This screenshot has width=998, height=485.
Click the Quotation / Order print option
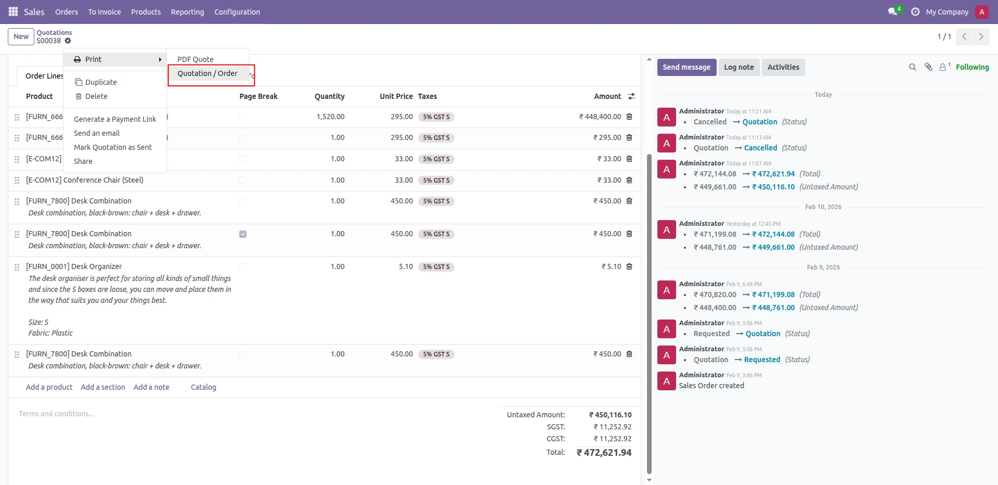[207, 73]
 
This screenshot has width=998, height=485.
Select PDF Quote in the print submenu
[196, 59]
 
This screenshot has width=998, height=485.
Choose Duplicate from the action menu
[101, 82]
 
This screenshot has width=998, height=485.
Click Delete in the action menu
[96, 96]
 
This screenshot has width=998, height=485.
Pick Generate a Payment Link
[115, 119]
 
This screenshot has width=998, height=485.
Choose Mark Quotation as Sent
[113, 147]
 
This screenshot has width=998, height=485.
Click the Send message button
[686, 67]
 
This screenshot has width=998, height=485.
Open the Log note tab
[738, 67]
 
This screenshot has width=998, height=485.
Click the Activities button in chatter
[783, 67]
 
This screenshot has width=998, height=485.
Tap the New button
[21, 36]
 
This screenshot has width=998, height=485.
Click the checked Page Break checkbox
[243, 234]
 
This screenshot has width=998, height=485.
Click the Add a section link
[103, 387]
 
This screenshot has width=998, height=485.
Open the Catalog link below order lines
[203, 387]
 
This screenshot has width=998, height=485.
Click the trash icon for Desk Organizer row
[629, 266]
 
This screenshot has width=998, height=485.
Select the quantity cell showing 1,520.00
[330, 117]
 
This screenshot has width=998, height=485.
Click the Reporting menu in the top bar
[187, 12]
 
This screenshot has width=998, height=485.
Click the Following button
[972, 67]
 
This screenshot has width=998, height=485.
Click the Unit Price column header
[396, 96]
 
